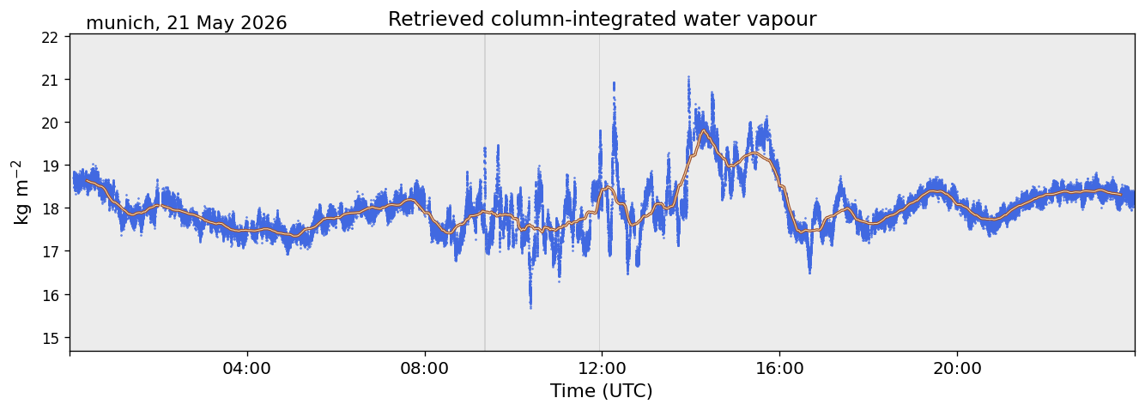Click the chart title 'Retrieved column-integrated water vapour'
pos(603,20)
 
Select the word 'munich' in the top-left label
pos(119,23)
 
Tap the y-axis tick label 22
pos(50,37)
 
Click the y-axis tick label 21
pos(50,80)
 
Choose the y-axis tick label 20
pos(50,123)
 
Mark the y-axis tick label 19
pos(50,166)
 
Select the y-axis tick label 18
pos(50,208)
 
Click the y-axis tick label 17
pos(50,251)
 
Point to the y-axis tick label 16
pos(50,295)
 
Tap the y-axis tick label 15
pos(50,338)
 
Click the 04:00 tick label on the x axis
pos(247,368)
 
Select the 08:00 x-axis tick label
pos(425,368)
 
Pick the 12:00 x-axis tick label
pos(602,368)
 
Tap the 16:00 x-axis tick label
pos(779,368)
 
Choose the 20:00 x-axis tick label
pos(957,368)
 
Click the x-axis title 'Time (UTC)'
pos(602,391)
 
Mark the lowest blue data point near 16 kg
pos(530,308)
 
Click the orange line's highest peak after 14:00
pos(704,130)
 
